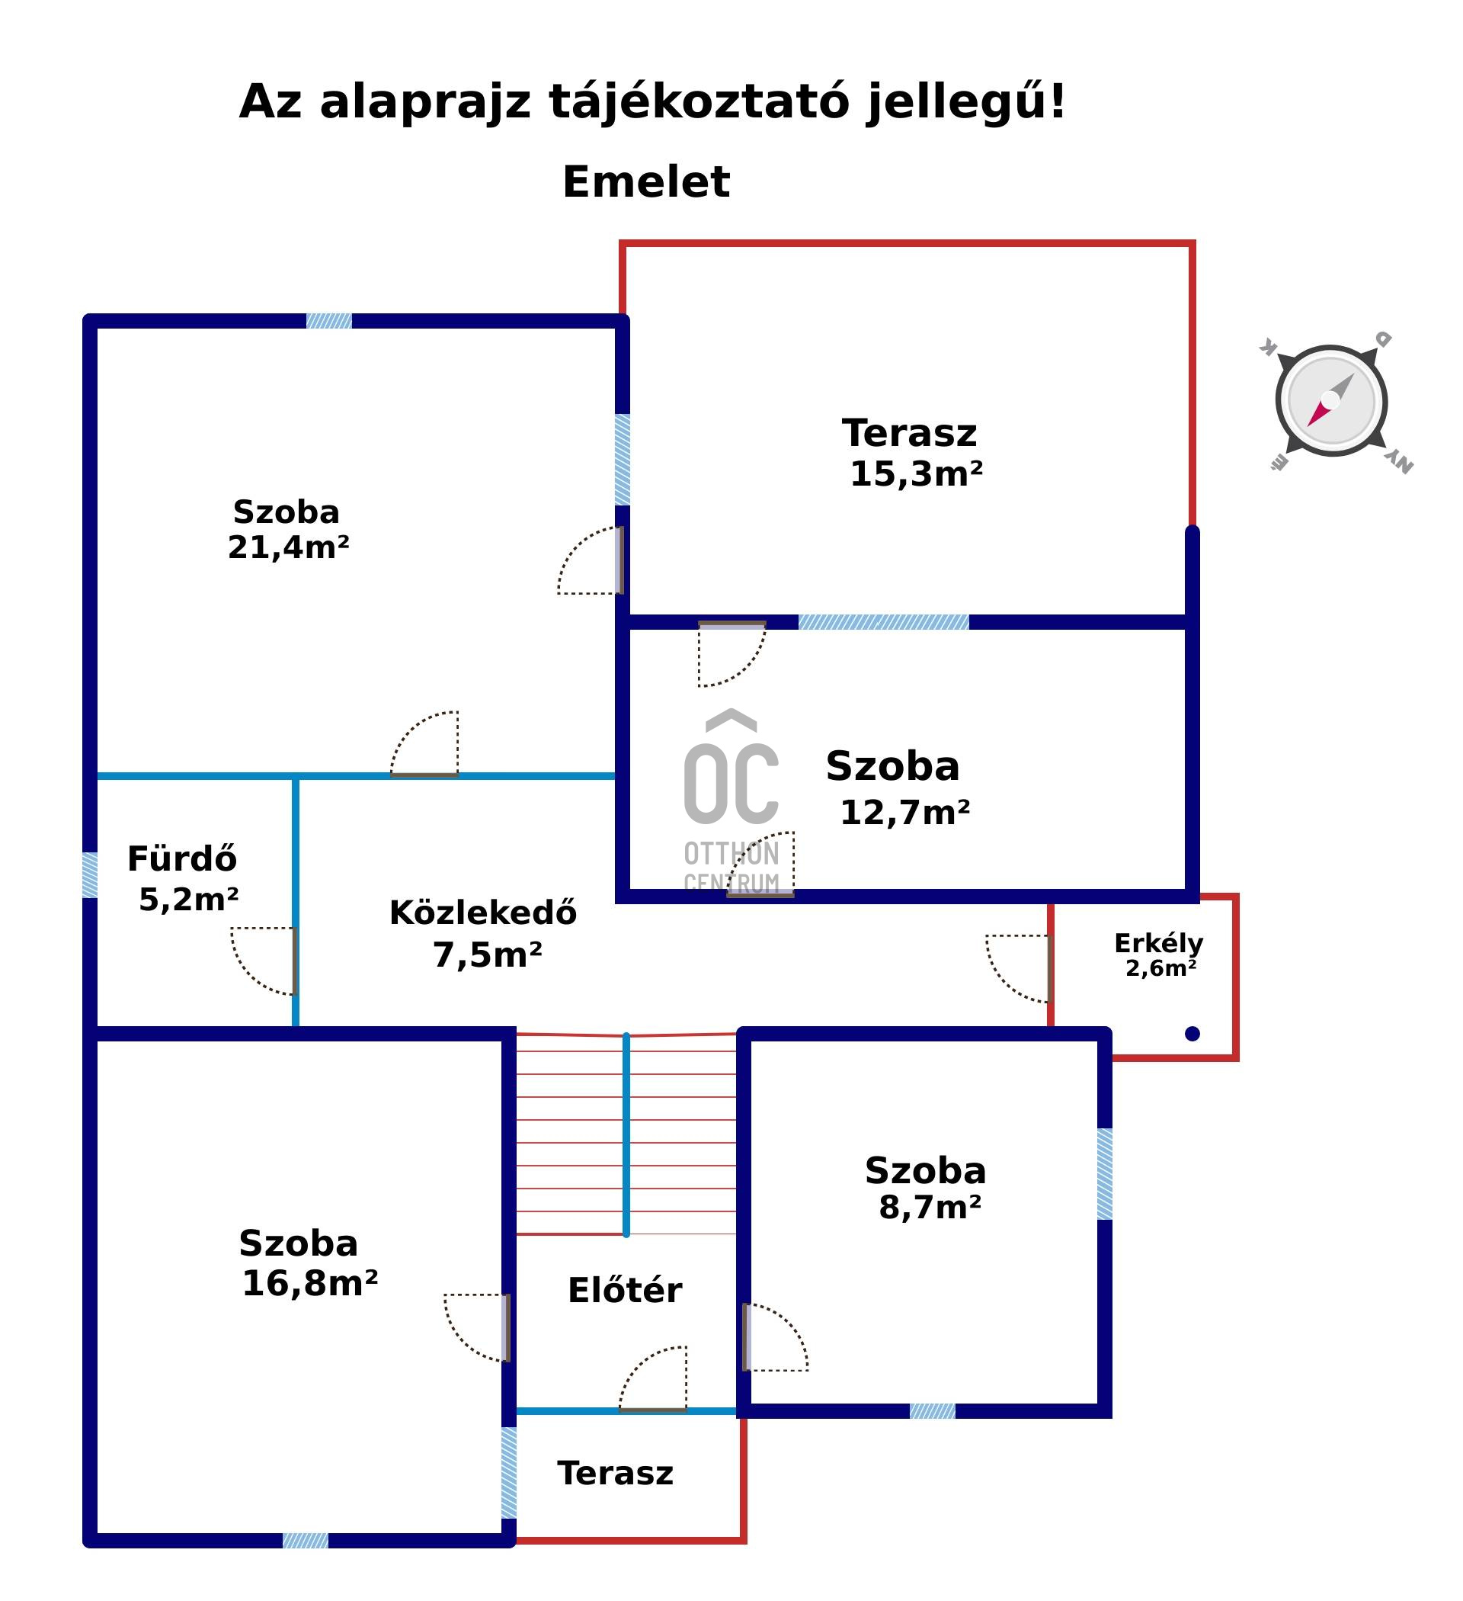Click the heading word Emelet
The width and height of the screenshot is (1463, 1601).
click(645, 182)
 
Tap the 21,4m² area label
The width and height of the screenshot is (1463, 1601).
click(288, 547)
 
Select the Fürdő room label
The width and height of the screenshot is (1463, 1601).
click(182, 859)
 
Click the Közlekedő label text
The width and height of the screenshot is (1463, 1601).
click(482, 913)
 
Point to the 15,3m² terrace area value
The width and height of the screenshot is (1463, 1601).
click(916, 474)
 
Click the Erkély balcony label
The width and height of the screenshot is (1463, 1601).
click(1158, 944)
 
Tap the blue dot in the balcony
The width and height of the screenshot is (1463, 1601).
click(1192, 1034)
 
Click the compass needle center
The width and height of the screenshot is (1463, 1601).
click(1330, 400)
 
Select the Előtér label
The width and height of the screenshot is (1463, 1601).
click(625, 1291)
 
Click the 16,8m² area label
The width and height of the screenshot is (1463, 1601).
click(309, 1284)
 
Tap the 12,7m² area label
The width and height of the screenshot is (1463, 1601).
click(904, 813)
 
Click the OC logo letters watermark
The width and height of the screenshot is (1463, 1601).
click(731, 782)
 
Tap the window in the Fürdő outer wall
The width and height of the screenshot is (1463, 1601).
click(91, 875)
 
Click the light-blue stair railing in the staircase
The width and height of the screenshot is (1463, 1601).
click(626, 1136)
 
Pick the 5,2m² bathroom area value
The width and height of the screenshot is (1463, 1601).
click(188, 900)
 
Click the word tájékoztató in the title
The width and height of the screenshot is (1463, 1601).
click(699, 101)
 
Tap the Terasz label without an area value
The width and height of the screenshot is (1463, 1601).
click(615, 1473)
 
